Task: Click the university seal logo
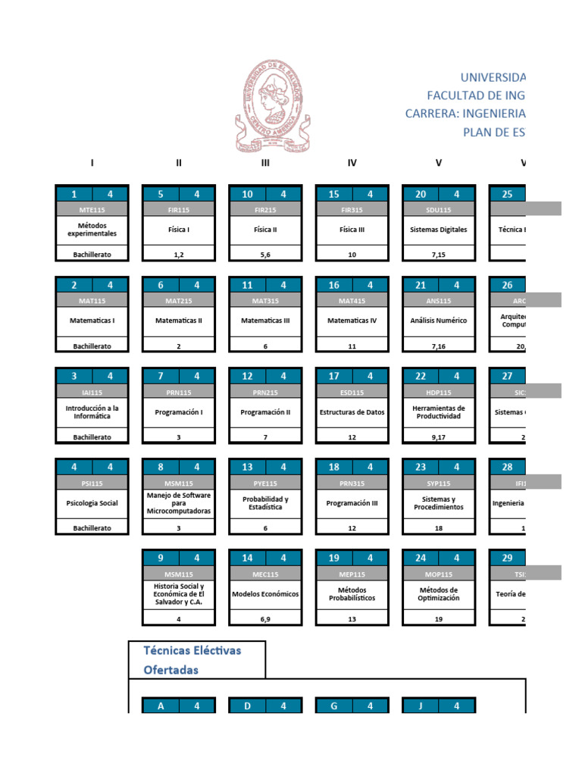pyautogui.click(x=271, y=107)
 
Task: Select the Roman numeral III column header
pyautogui.click(x=265, y=163)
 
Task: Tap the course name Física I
pyautogui.click(x=179, y=230)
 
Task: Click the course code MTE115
pyautogui.click(x=92, y=210)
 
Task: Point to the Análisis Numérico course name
pyautogui.click(x=438, y=321)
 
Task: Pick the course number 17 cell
pyautogui.click(x=334, y=376)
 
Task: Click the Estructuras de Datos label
pyautogui.click(x=352, y=412)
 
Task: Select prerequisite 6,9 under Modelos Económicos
pyautogui.click(x=265, y=619)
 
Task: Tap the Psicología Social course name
pyautogui.click(x=92, y=503)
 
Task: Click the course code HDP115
pyautogui.click(x=438, y=392)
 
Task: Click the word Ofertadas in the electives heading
pyautogui.click(x=171, y=670)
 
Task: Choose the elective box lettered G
pyautogui.click(x=334, y=706)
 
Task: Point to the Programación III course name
pyautogui.click(x=352, y=503)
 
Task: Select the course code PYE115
pyautogui.click(x=265, y=483)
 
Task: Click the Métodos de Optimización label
pyautogui.click(x=438, y=593)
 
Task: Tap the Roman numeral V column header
pyautogui.click(x=438, y=163)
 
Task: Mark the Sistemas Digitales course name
pyautogui.click(x=438, y=230)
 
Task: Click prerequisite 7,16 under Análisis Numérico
pyautogui.click(x=438, y=346)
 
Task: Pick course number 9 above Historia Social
pyautogui.click(x=161, y=559)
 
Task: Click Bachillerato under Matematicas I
pyautogui.click(x=92, y=346)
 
